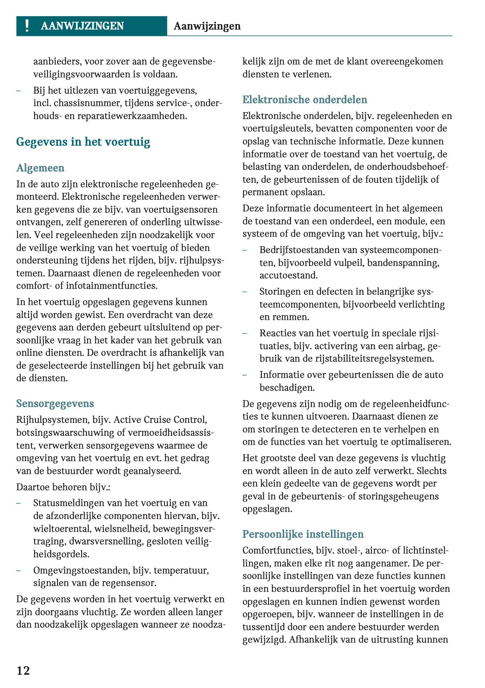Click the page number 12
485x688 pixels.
[23, 670]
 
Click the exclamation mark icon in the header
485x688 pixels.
[27, 26]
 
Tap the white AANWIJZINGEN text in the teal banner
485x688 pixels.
[82, 26]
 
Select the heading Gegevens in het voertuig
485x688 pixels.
[83, 142]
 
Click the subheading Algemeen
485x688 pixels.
[40, 168]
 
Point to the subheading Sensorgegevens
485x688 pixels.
[55, 403]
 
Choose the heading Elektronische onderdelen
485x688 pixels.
[305, 99]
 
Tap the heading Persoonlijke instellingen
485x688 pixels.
[303, 534]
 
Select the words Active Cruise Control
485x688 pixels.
[160, 420]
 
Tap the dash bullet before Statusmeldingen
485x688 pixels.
[19, 503]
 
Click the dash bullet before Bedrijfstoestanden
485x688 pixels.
[245, 250]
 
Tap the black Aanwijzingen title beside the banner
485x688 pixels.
[207, 26]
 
